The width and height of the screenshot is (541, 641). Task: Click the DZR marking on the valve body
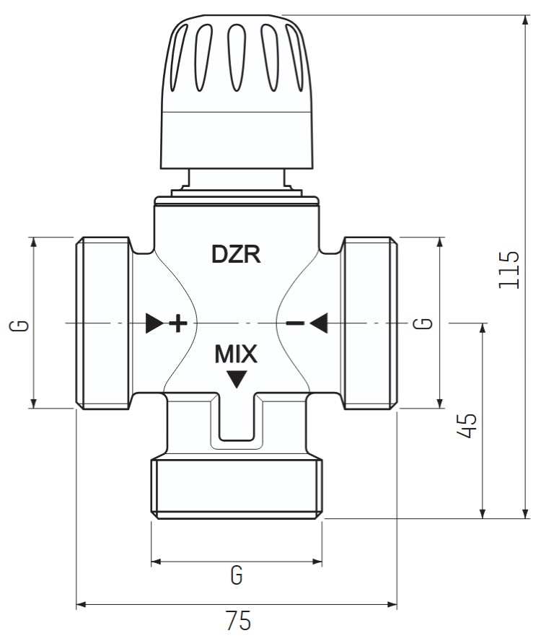(235, 254)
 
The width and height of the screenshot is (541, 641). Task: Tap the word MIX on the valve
(236, 354)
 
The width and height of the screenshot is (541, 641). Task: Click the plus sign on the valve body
(177, 323)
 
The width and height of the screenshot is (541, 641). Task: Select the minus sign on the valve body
(294, 323)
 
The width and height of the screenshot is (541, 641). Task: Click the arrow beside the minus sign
(319, 323)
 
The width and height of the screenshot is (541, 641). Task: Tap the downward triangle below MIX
(236, 378)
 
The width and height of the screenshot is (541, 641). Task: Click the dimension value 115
(509, 269)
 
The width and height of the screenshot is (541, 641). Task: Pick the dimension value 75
(237, 622)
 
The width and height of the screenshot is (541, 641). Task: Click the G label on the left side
(23, 323)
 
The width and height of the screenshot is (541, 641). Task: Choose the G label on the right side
(426, 323)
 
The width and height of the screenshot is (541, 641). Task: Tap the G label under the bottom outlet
(236, 575)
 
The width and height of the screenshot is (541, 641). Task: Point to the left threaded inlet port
(103, 323)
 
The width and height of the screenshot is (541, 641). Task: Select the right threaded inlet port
(369, 323)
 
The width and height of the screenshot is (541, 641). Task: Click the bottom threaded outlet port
(236, 486)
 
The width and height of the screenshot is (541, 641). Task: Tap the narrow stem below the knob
(236, 178)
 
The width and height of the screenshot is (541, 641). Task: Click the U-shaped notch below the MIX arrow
(236, 422)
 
